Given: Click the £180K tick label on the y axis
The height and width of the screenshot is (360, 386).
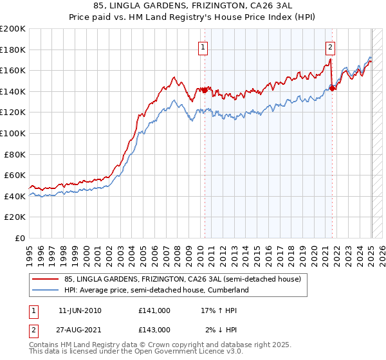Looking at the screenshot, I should click(13, 50).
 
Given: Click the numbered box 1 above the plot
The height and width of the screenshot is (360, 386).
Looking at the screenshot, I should click(203, 46).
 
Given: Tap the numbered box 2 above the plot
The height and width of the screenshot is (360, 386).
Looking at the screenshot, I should click(330, 46).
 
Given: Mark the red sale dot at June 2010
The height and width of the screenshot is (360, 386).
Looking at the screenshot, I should click(205, 90).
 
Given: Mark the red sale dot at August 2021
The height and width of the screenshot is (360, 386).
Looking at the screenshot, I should click(332, 88).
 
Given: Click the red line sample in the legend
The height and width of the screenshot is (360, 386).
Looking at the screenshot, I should click(45, 279).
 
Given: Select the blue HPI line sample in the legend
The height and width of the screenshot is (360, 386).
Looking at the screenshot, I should click(45, 290).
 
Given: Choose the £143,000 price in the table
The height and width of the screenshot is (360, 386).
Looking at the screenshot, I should click(154, 329).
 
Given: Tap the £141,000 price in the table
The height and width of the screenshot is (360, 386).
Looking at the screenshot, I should click(154, 310).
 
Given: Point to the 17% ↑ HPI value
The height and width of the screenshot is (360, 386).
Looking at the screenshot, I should click(219, 310).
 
